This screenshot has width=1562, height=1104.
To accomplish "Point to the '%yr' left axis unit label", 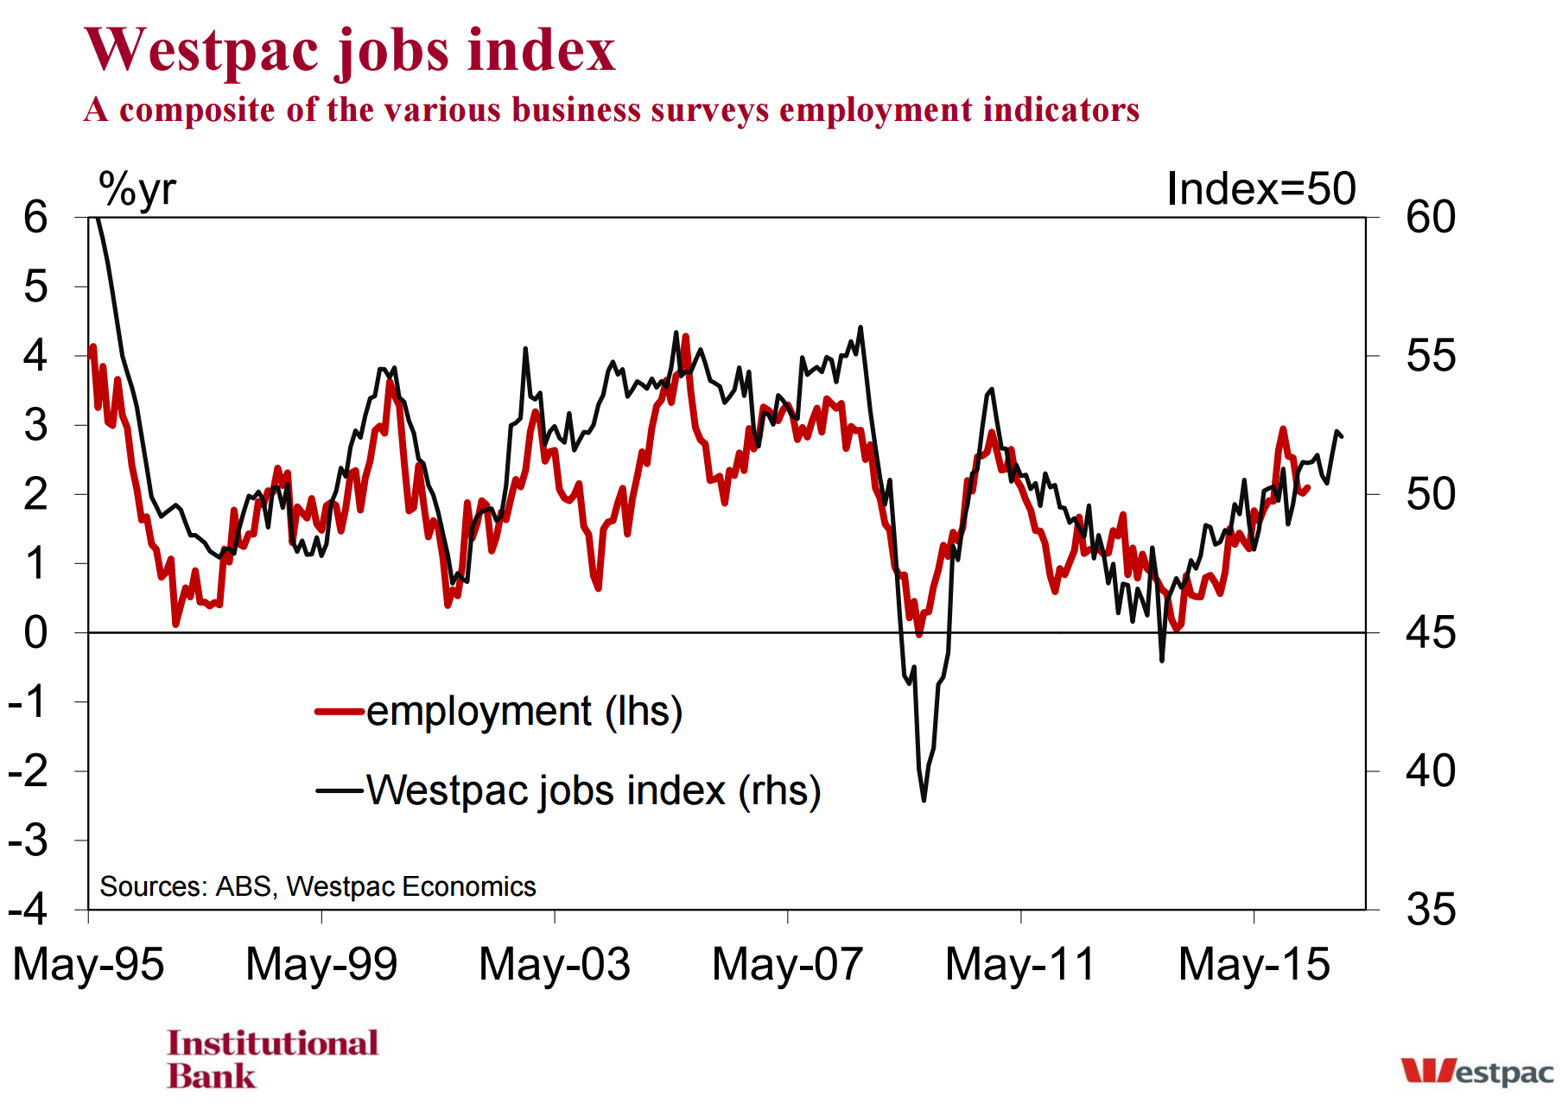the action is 137,189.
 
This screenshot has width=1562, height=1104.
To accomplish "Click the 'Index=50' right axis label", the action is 1260,188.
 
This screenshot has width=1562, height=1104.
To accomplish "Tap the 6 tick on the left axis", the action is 35,217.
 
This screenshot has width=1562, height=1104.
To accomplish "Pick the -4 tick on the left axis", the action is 28,910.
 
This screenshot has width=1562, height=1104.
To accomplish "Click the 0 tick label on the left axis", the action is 35,633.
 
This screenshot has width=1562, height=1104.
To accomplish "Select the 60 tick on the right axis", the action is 1431,217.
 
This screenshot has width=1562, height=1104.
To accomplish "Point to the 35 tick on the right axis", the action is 1431,910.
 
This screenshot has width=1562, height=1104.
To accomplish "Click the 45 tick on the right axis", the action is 1431,633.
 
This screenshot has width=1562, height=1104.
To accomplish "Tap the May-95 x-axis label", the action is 88,964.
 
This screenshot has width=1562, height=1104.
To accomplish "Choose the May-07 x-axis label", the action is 788,964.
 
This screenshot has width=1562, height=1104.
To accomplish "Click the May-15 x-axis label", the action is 1254,964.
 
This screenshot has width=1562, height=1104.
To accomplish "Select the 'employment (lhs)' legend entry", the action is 499,712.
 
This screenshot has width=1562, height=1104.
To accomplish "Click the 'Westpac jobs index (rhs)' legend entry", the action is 568,790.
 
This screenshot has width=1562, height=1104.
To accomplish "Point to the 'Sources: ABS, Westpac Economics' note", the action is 318,886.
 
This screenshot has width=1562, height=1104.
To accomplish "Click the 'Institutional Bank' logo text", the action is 273,1059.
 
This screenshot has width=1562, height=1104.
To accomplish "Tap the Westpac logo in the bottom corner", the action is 1477,1071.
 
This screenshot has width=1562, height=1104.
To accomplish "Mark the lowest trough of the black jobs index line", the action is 924,800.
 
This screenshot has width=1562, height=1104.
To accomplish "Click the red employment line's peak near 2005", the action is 685,336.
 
